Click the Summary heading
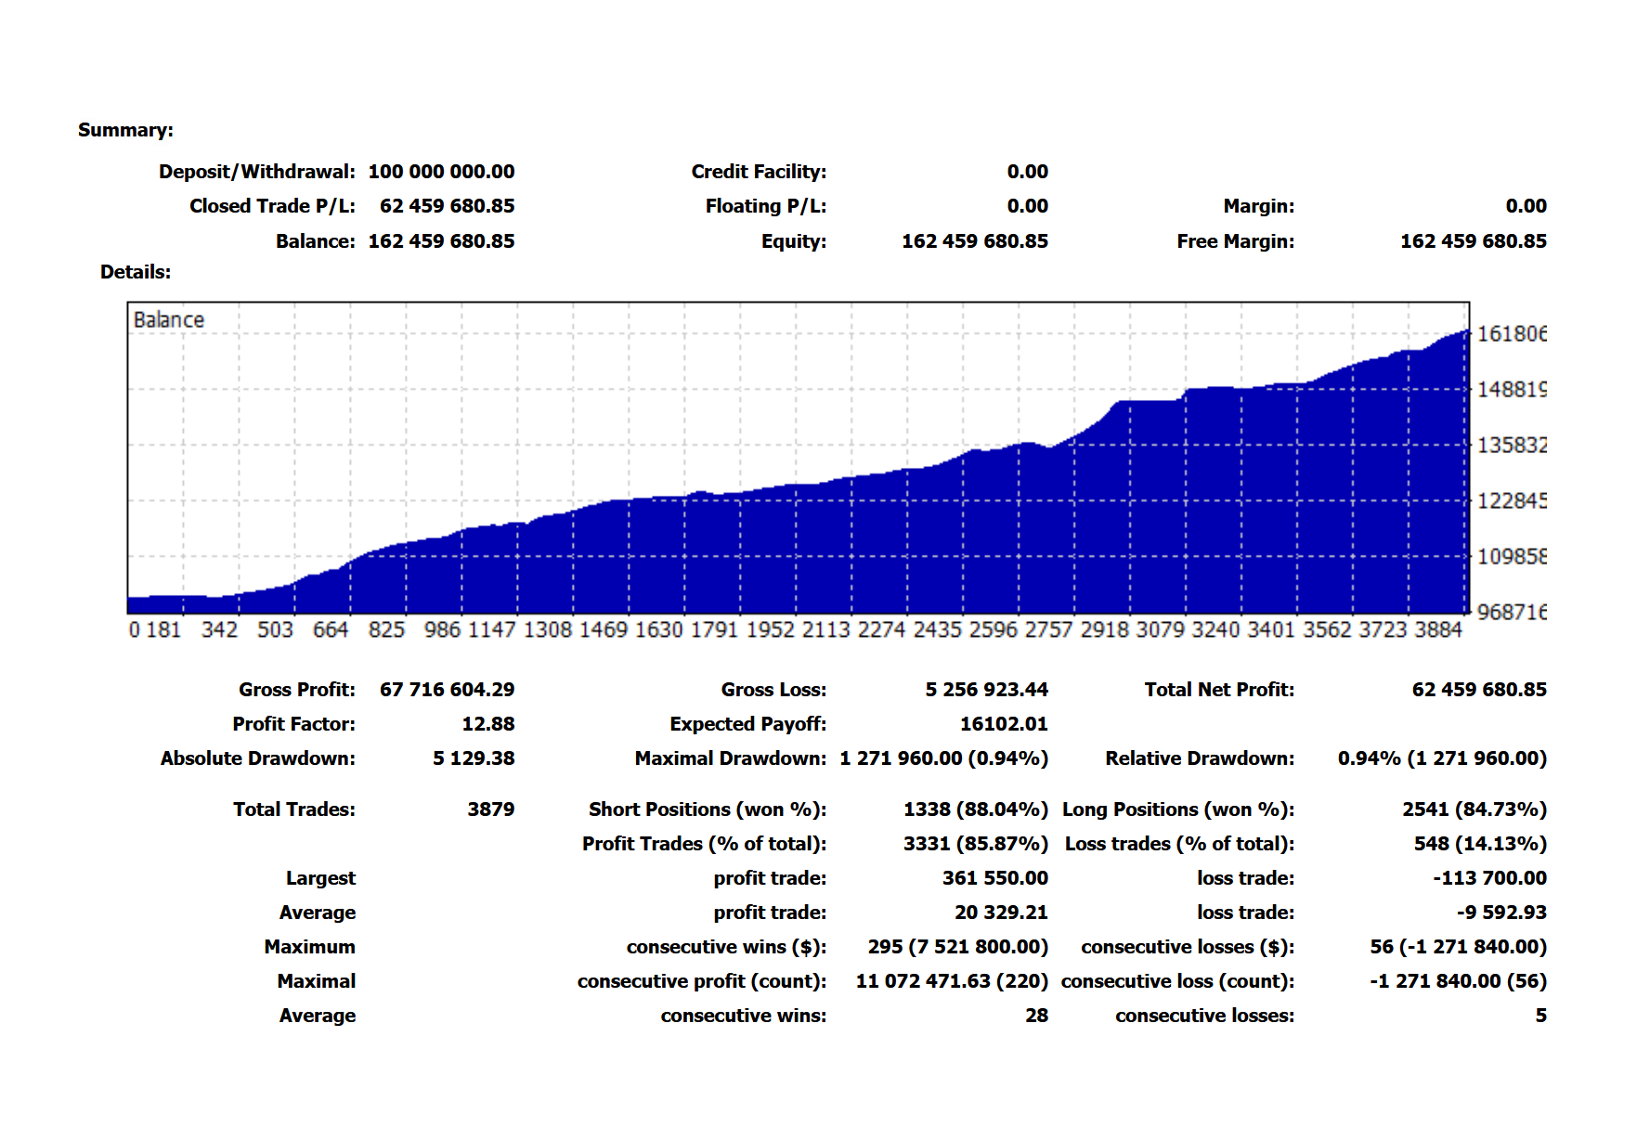tap(125, 130)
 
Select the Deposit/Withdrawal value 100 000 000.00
tap(441, 172)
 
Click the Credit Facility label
tap(758, 172)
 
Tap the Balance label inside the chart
tap(168, 320)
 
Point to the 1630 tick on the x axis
tap(658, 630)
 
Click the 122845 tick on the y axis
tap(1512, 501)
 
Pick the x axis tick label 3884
tap(1437, 630)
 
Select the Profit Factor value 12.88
tap(487, 724)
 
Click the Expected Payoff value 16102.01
tap(1003, 724)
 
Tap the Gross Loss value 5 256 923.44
tap(986, 690)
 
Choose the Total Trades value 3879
tap(490, 810)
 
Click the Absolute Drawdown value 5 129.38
tap(473, 758)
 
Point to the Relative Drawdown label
tap(1199, 758)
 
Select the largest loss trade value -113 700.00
tap(1489, 878)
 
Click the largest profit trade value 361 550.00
tap(994, 878)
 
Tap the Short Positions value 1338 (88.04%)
tap(975, 810)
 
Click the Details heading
tap(136, 272)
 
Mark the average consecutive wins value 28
tap(1036, 1016)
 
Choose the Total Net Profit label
tap(1218, 690)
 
